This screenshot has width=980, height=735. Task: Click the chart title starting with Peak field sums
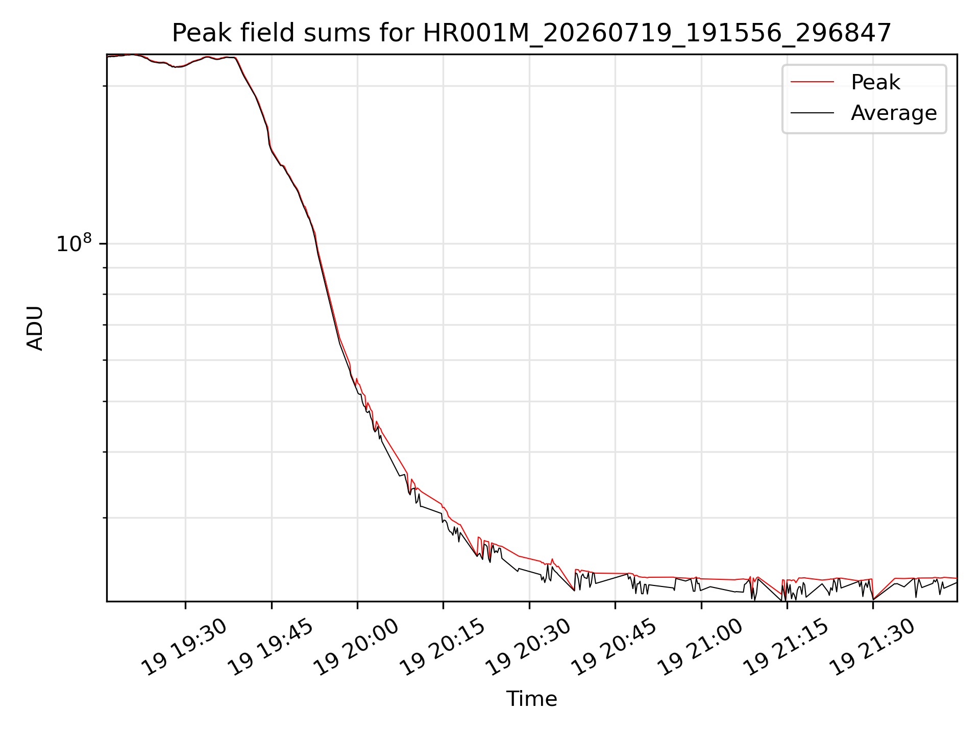click(x=531, y=33)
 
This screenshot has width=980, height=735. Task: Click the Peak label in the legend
click(x=875, y=82)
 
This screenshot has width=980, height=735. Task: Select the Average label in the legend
click(x=894, y=113)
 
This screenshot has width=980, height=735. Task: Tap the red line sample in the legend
click(x=812, y=82)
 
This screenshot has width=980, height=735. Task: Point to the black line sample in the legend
click(x=812, y=112)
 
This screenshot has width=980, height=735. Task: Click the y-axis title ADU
click(x=35, y=328)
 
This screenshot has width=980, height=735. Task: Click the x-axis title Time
click(x=531, y=699)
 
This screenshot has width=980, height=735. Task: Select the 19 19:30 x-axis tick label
click(x=184, y=647)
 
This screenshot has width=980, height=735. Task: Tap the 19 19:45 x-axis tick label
click(x=270, y=647)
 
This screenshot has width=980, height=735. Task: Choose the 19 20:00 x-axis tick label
click(x=356, y=647)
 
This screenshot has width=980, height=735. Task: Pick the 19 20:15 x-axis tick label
click(x=442, y=647)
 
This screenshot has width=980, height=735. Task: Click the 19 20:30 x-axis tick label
click(x=528, y=647)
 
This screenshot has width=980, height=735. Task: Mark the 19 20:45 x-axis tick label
click(x=614, y=647)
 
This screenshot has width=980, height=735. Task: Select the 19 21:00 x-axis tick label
click(x=700, y=647)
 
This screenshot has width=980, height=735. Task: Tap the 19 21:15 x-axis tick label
click(x=786, y=647)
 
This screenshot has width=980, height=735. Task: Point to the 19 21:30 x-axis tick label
click(x=872, y=647)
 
